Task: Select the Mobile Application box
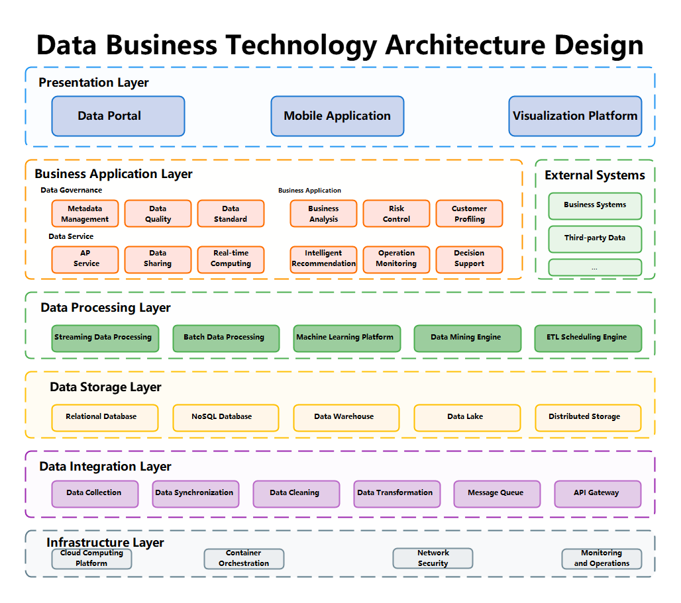337,116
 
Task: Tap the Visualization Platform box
575,116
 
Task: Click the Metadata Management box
85,214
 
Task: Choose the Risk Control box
396,214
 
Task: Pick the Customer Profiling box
469,214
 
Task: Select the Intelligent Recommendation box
323,259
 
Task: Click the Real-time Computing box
231,259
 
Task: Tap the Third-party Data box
595,238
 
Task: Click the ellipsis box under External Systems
595,267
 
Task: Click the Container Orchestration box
244,559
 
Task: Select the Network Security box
433,559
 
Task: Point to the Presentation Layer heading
93,83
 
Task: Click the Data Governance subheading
71,191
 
